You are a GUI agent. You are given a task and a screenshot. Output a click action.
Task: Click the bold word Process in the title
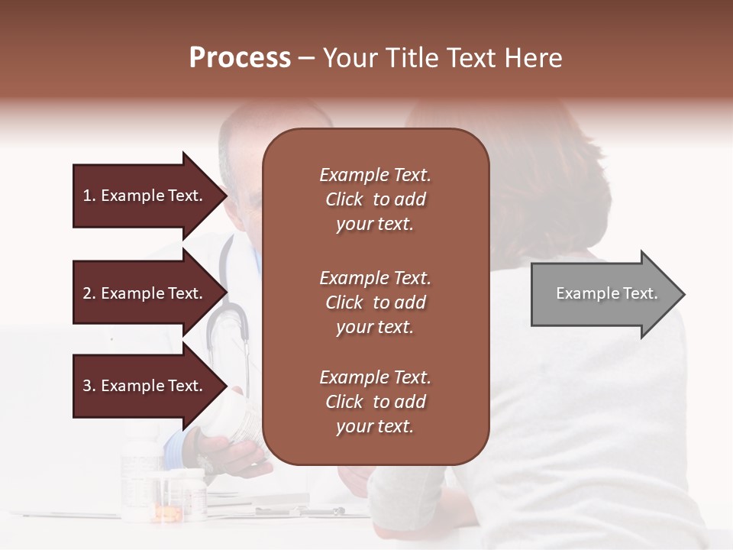(x=240, y=58)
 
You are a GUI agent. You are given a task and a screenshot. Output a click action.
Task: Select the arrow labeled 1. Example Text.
(x=145, y=196)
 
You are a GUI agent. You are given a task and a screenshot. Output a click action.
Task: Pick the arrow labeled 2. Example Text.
(x=145, y=293)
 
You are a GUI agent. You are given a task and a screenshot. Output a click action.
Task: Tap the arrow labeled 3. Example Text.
(x=145, y=386)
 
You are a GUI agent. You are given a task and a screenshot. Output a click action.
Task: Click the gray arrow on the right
(x=603, y=294)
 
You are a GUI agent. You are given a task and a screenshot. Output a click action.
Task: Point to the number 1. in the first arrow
(x=89, y=196)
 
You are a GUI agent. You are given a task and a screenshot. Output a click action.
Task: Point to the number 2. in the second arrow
(x=89, y=293)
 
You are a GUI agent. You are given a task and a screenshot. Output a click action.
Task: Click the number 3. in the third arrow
(x=89, y=386)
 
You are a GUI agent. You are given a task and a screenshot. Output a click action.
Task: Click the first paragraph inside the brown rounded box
(x=375, y=199)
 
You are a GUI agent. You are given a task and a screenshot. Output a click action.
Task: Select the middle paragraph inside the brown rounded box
(x=375, y=302)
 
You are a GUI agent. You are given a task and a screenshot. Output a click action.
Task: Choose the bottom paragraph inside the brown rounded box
(x=375, y=402)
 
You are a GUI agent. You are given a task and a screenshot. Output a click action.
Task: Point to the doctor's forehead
(x=244, y=149)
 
